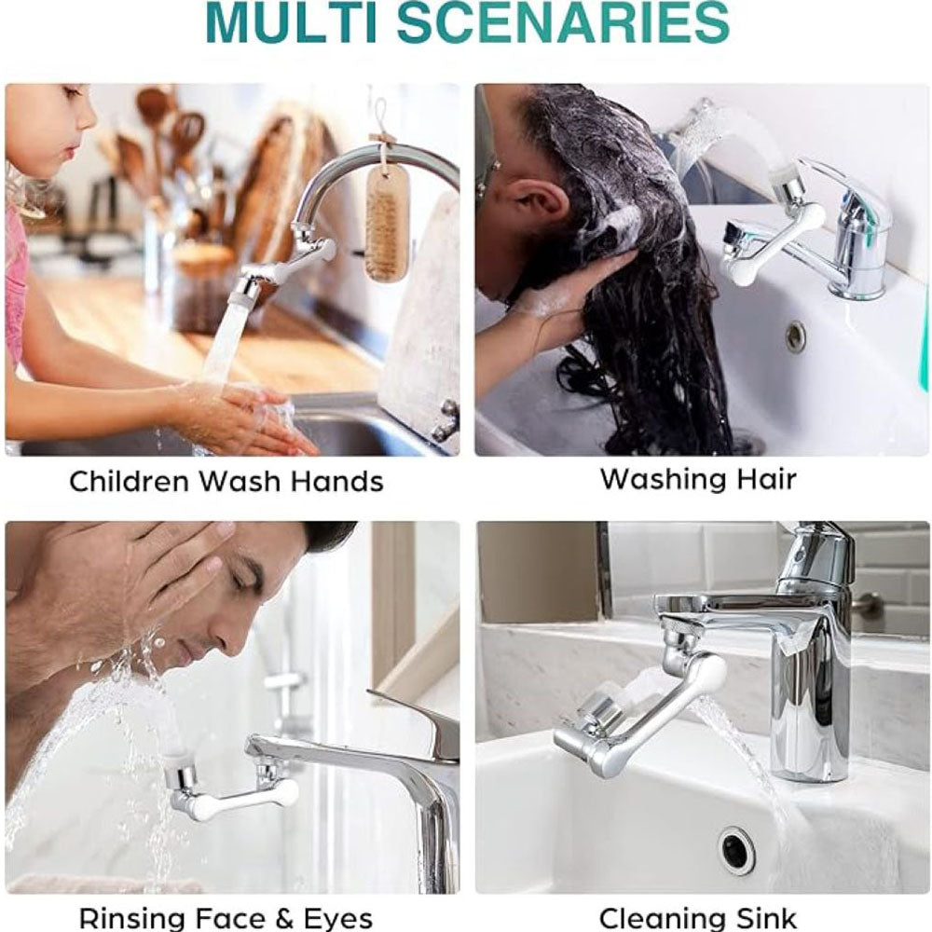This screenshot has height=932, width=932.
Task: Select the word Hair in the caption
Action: [767, 478]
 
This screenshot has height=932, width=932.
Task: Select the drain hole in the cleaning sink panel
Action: [737, 851]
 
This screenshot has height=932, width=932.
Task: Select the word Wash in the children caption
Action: [239, 481]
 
